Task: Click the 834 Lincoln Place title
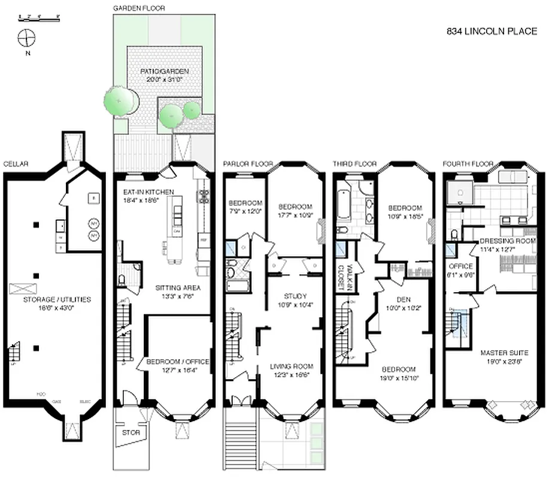(x=492, y=32)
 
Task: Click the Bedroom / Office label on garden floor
(x=178, y=362)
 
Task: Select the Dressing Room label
(x=507, y=241)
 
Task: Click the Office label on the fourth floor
(x=461, y=266)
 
